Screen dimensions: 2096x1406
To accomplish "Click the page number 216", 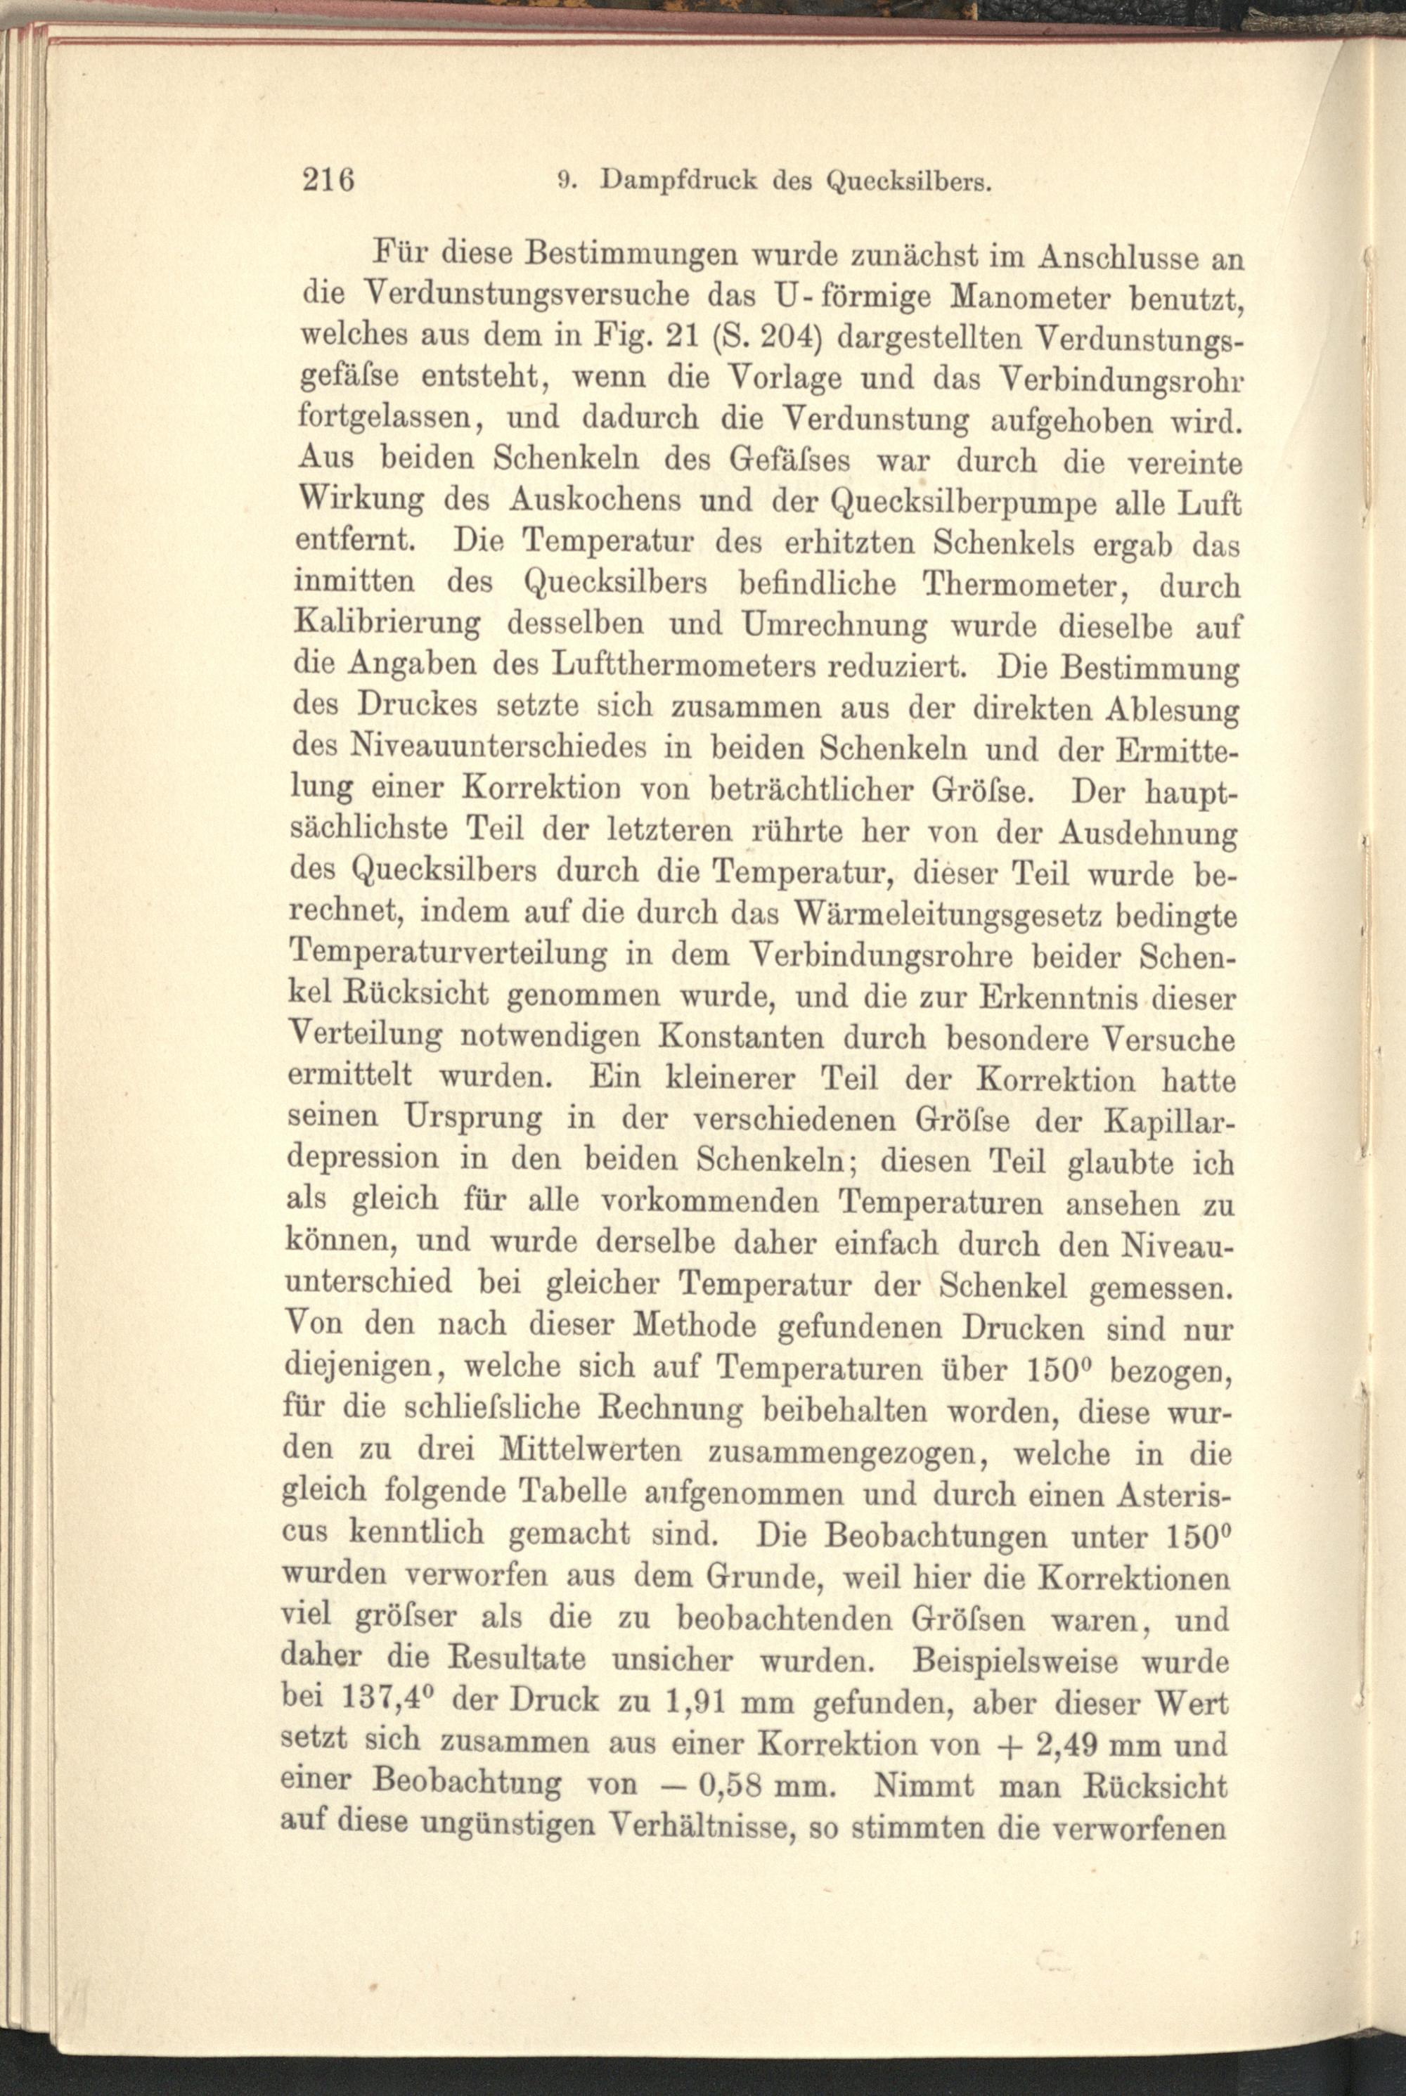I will (x=329, y=179).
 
